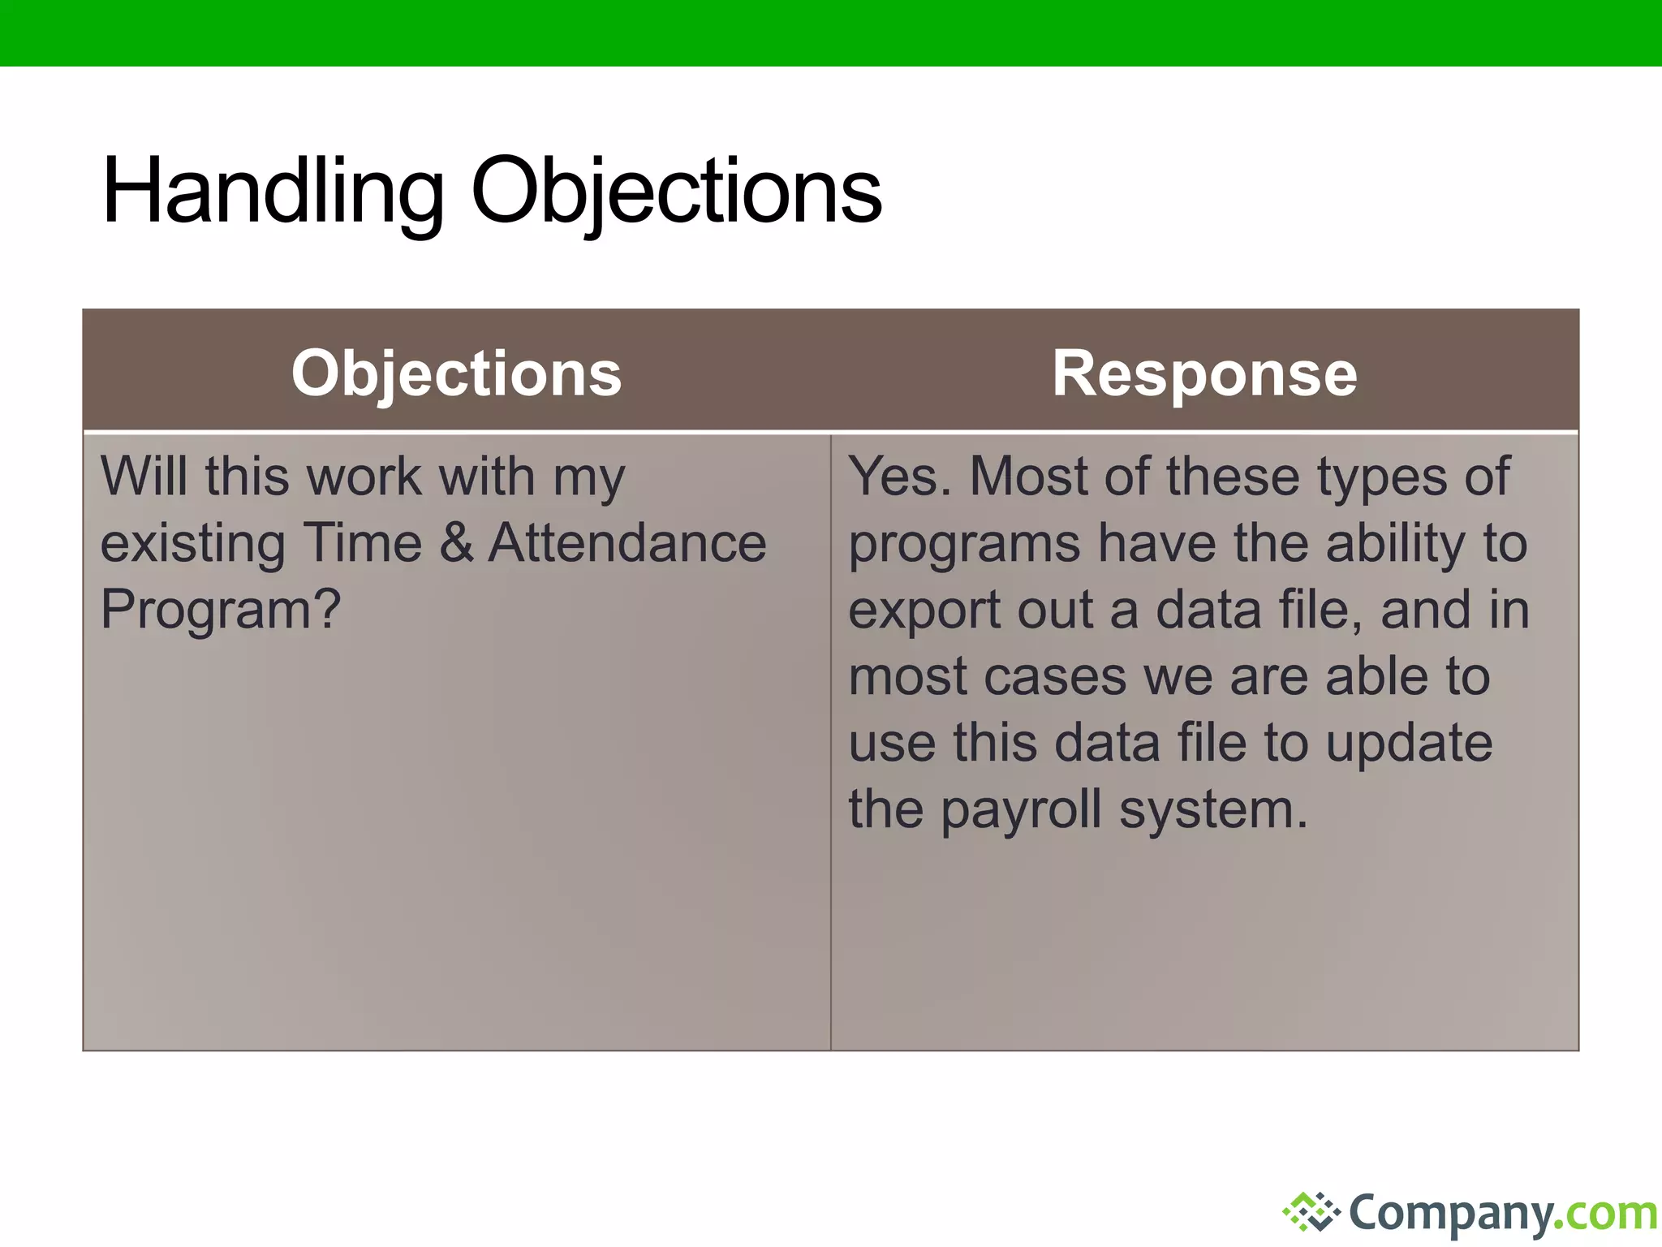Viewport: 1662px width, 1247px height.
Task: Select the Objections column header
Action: [x=456, y=373]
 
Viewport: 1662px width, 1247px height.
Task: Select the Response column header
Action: [x=1204, y=373]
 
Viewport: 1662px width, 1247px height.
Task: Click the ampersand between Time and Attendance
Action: [x=456, y=542]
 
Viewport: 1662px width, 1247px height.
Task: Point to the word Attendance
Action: [x=627, y=542]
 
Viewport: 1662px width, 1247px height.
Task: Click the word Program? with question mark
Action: [x=221, y=611]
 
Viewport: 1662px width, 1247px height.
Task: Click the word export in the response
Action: [x=924, y=611]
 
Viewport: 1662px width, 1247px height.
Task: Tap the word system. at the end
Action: [x=1213, y=810]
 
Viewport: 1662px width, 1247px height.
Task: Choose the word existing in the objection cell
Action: [x=192, y=542]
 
